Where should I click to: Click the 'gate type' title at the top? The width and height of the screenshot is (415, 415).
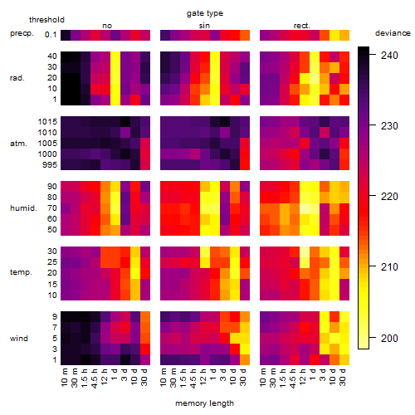click(205, 13)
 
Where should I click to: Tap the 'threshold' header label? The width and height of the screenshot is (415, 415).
click(46, 20)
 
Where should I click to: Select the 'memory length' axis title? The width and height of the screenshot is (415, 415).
click(204, 403)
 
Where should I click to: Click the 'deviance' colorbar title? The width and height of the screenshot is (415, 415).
click(393, 33)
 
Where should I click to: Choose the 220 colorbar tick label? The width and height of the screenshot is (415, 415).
click(389, 197)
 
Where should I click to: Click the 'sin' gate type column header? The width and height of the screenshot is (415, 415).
click(204, 26)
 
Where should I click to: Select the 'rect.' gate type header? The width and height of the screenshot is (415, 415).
click(302, 26)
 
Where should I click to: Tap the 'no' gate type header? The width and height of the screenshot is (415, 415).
click(107, 26)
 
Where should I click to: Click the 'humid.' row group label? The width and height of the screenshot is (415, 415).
click(23, 208)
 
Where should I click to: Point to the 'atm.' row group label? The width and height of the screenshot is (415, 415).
click(18, 144)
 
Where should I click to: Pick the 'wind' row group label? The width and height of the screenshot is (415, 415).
click(19, 339)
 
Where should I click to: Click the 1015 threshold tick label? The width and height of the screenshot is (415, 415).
click(47, 122)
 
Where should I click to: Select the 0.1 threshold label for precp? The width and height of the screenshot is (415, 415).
click(51, 35)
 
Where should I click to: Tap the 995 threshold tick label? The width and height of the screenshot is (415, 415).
click(50, 165)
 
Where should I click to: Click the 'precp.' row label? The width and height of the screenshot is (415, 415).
click(22, 33)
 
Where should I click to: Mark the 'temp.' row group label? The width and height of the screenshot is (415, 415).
click(21, 272)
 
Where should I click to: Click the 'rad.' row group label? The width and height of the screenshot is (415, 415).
click(17, 78)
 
